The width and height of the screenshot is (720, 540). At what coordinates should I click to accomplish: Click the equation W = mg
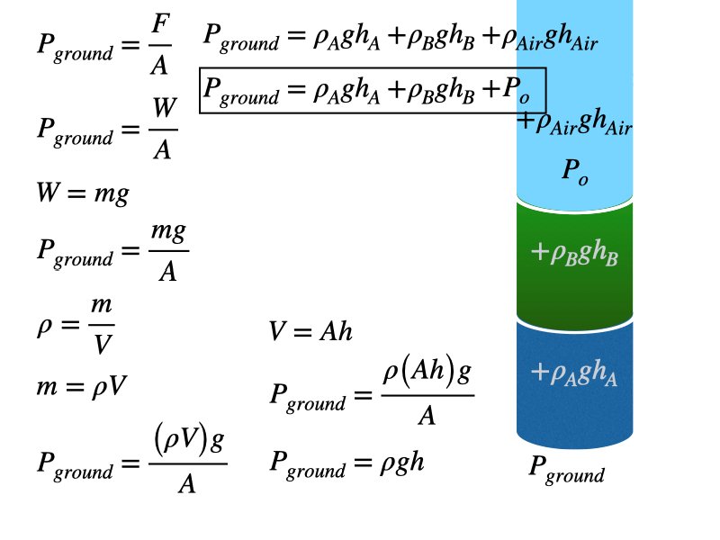[83, 193]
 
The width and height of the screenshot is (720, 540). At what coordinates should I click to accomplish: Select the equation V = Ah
[310, 332]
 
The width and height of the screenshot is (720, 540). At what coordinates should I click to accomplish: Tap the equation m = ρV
[82, 386]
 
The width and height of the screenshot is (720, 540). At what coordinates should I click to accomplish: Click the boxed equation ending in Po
[373, 90]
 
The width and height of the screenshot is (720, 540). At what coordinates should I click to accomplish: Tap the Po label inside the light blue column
[575, 170]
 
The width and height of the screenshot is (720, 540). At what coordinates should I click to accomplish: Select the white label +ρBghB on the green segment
[575, 254]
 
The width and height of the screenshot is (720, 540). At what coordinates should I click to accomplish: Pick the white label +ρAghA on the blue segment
[575, 372]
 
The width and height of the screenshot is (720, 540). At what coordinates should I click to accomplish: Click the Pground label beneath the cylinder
[566, 469]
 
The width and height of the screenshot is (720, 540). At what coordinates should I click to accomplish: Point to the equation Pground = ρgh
[346, 463]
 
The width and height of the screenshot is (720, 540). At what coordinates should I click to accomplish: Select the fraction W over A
[163, 128]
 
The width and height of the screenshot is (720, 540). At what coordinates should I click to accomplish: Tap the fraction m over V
[101, 323]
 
